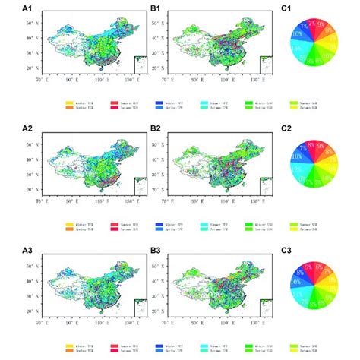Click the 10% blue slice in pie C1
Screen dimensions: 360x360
click(x=298, y=35)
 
